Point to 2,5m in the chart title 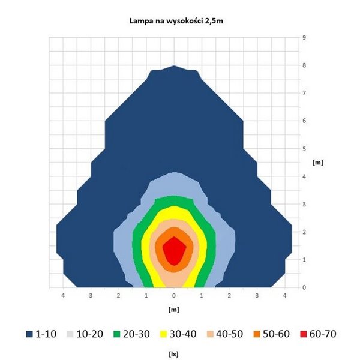click(220, 21)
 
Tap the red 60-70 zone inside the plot click(174, 250)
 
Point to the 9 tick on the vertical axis click(304, 37)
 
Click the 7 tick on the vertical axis click(304, 93)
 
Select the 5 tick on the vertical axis click(304, 148)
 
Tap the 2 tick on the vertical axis click(304, 232)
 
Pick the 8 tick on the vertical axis click(304, 65)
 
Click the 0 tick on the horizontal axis click(174, 296)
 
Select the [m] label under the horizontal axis click(174, 310)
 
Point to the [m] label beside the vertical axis click(318, 163)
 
